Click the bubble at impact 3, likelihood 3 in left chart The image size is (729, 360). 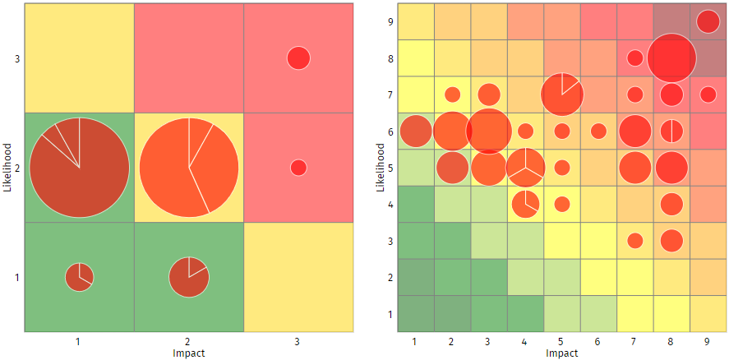coord(298,58)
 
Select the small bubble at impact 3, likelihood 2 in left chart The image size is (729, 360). coord(298,168)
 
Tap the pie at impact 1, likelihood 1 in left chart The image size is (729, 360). coord(80,278)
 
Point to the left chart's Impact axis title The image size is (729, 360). coord(189,353)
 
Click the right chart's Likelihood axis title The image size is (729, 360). coord(380,168)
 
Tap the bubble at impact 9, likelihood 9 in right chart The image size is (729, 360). coord(708,22)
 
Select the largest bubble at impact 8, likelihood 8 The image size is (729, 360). coord(671,58)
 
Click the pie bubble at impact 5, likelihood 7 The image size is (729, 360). coord(562,95)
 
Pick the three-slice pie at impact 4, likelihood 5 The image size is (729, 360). coord(525,168)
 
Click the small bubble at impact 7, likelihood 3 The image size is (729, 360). coord(634,241)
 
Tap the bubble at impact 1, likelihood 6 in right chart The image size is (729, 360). coord(416,132)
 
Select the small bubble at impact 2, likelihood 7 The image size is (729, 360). coord(453,95)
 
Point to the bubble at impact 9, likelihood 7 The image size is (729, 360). coord(708,95)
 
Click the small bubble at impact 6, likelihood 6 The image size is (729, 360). coord(598,132)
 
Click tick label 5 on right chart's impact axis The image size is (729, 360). coord(562,340)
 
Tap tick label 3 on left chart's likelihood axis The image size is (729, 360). coord(16,58)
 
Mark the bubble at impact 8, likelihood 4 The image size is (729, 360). coord(671,204)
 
